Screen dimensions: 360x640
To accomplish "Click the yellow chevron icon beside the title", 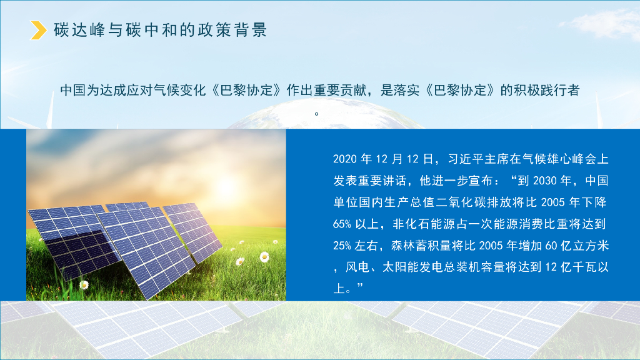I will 39,30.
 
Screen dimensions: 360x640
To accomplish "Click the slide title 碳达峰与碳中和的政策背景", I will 161,30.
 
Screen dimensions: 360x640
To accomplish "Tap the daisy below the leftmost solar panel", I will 84,284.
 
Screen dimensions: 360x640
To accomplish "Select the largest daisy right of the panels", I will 264,256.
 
